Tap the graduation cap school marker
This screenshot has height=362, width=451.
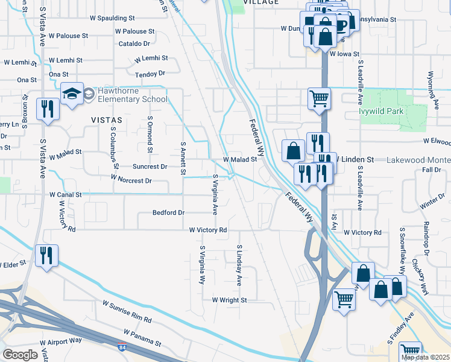pyautogui.click(x=72, y=94)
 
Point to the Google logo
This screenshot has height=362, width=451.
pyautogui.click(x=20, y=354)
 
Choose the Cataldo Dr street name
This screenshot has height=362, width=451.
pyautogui.click(x=134, y=43)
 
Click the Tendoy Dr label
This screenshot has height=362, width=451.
pyautogui.click(x=149, y=74)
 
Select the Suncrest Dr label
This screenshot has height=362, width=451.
pyautogui.click(x=150, y=167)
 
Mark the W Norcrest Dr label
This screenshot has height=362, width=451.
pyautogui.click(x=131, y=180)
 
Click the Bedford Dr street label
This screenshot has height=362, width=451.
pyautogui.click(x=168, y=212)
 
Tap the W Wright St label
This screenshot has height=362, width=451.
pyautogui.click(x=229, y=300)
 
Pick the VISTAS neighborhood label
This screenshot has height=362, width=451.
pyautogui.click(x=106, y=120)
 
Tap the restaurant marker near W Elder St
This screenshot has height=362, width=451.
pyautogui.click(x=46, y=255)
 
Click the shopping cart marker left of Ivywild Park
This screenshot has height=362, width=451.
pyautogui.click(x=318, y=98)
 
